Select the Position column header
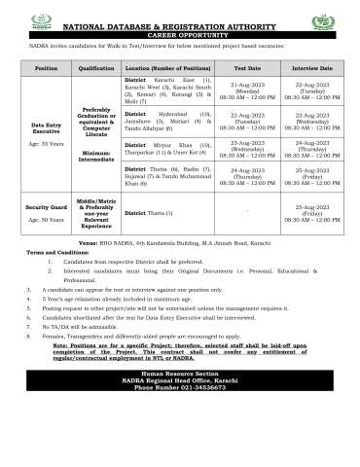click(46, 69)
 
